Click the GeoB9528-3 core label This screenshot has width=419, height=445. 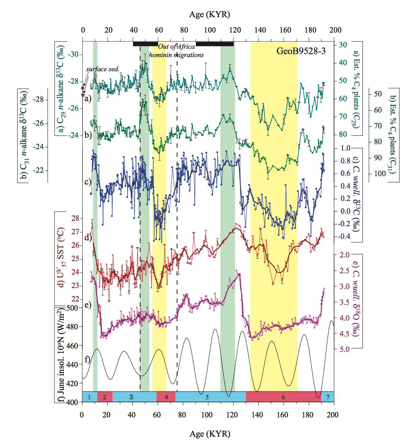301,51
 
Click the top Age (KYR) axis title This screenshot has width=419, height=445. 209,14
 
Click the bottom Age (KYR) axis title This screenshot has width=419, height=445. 210,434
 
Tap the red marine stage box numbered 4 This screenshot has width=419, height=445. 166,397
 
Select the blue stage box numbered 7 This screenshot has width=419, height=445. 328,397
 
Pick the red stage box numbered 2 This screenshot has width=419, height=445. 105,397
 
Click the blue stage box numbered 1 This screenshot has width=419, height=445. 89,397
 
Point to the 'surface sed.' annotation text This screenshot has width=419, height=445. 102,69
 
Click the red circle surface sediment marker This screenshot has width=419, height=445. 83,88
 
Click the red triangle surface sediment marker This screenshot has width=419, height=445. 83,95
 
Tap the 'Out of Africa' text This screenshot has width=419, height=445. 176,47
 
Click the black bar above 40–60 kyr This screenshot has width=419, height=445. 145,44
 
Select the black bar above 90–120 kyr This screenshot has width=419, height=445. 215,44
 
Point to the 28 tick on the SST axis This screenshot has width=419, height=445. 75,218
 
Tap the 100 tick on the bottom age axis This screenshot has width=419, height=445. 207,415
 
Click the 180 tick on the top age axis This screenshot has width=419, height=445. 310,30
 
